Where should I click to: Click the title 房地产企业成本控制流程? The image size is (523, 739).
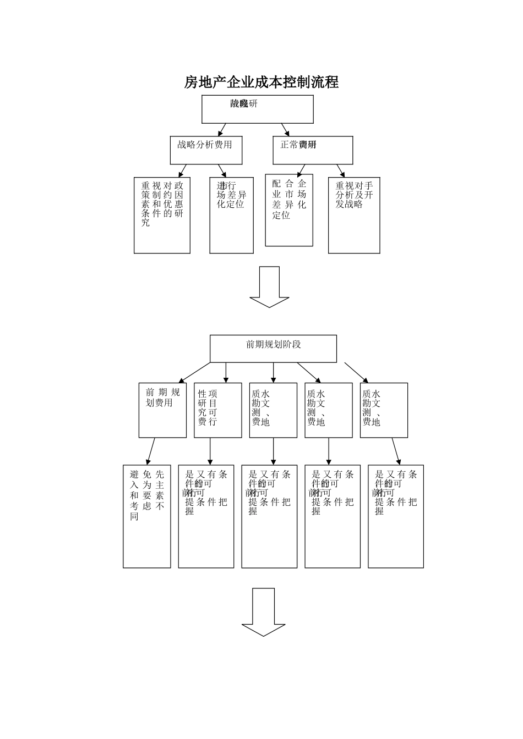[261, 82]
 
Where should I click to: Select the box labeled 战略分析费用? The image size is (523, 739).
[206, 150]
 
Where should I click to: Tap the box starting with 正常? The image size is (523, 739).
[313, 150]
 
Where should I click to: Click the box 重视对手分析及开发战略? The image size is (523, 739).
[354, 215]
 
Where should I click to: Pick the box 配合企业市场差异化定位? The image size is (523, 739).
[289, 211]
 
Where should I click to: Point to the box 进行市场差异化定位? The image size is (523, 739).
[232, 215]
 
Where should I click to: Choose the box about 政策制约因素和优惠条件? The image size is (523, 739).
[162, 215]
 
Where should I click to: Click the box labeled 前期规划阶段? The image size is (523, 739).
[273, 349]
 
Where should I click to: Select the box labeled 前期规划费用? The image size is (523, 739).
[162, 410]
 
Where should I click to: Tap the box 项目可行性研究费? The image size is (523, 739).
[218, 410]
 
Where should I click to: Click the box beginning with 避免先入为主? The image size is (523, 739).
[147, 516]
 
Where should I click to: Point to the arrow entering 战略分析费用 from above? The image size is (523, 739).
[222, 130]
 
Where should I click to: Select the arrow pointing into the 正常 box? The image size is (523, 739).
[285, 130]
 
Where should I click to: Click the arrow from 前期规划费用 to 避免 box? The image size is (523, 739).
[150, 451]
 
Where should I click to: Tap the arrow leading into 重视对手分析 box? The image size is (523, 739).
[341, 170]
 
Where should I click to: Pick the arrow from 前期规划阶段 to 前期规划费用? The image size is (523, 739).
[194, 372]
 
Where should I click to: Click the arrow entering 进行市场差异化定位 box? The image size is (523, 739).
[222, 170]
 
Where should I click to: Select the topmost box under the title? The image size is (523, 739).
[258, 109]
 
